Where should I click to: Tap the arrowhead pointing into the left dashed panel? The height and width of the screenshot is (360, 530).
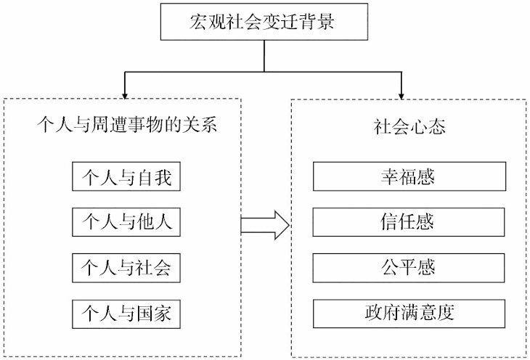127,94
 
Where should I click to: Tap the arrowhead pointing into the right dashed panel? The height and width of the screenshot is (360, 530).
401,94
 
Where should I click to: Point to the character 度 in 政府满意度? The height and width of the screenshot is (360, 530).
449,314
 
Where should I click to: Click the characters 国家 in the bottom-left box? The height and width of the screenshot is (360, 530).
153,314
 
